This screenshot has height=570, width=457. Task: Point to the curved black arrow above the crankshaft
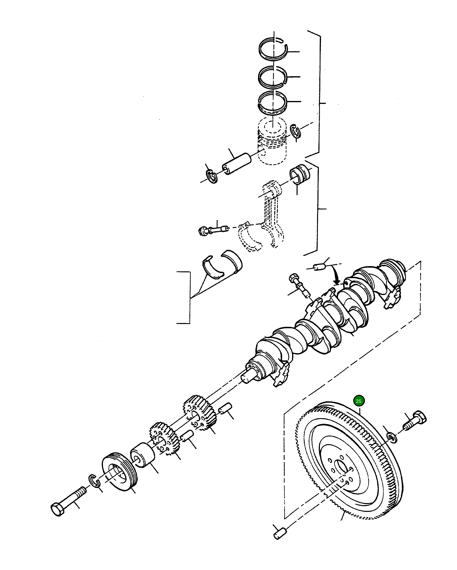click(x=336, y=275)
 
